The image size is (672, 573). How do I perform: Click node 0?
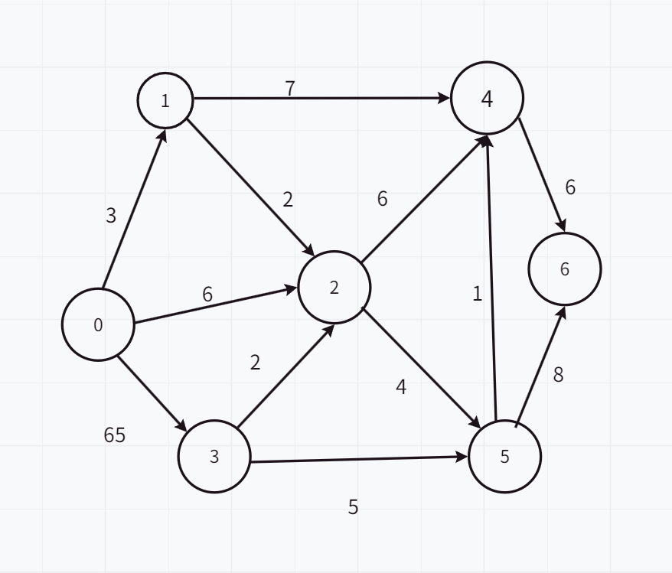pyautogui.click(x=98, y=324)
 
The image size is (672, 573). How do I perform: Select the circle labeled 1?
pyautogui.click(x=165, y=100)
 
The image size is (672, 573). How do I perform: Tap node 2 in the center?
pyautogui.click(x=334, y=288)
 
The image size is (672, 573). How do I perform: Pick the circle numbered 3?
pyautogui.click(x=214, y=457)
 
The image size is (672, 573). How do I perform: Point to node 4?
pyautogui.click(x=488, y=99)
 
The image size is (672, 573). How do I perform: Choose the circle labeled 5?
pyautogui.click(x=504, y=457)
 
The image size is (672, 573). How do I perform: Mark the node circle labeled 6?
pyautogui.click(x=565, y=269)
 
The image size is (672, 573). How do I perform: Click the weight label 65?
pyautogui.click(x=115, y=435)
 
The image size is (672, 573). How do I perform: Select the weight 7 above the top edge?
pyautogui.click(x=290, y=89)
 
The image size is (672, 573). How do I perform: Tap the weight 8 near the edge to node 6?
pyautogui.click(x=558, y=375)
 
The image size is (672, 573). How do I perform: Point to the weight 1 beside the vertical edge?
pyautogui.click(x=478, y=294)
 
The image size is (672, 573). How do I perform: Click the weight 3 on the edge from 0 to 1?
pyautogui.click(x=111, y=217)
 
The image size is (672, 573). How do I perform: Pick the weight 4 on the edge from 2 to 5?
pyautogui.click(x=401, y=387)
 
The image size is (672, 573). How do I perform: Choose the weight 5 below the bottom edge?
pyautogui.click(x=353, y=507)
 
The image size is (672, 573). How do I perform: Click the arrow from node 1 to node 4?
pyautogui.click(x=321, y=99)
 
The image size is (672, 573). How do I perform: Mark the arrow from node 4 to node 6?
pyautogui.click(x=542, y=173)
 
